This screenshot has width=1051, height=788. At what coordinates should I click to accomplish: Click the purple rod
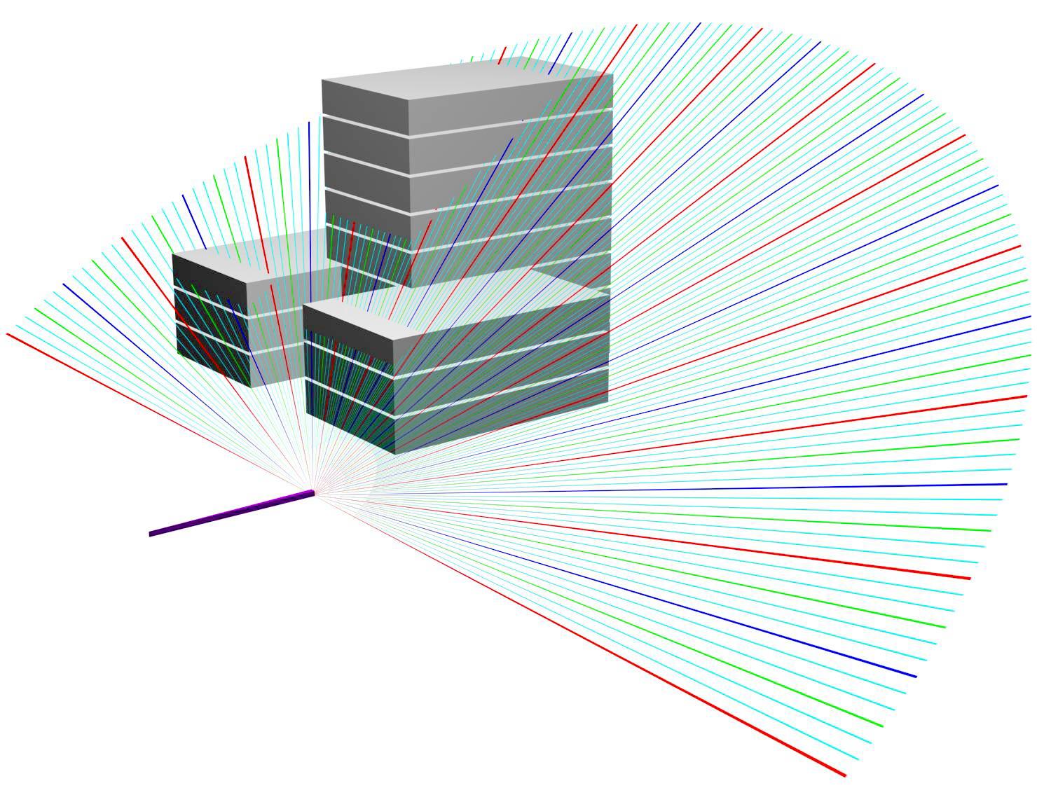pos(231,513)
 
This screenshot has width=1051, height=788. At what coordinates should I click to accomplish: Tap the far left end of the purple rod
pos(151,534)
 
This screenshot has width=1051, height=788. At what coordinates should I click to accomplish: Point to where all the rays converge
pos(314,492)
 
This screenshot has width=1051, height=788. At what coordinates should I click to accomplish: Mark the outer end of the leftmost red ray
pos(7,334)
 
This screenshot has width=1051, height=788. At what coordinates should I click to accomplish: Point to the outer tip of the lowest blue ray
pos(916,677)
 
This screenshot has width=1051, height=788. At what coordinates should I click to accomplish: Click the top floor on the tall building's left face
pos(364,98)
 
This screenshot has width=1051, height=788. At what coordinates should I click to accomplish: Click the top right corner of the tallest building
pos(612,74)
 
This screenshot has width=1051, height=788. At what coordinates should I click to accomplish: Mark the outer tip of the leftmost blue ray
pos(63,284)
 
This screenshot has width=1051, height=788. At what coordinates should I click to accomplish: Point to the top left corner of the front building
pos(303,306)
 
